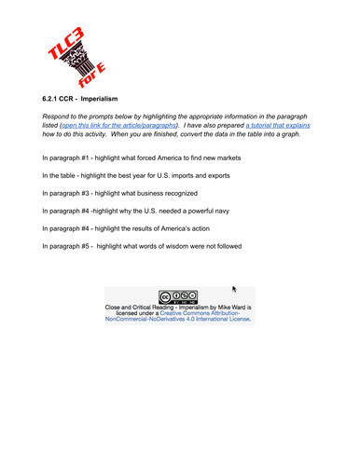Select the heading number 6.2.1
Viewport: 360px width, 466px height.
[53, 97]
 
